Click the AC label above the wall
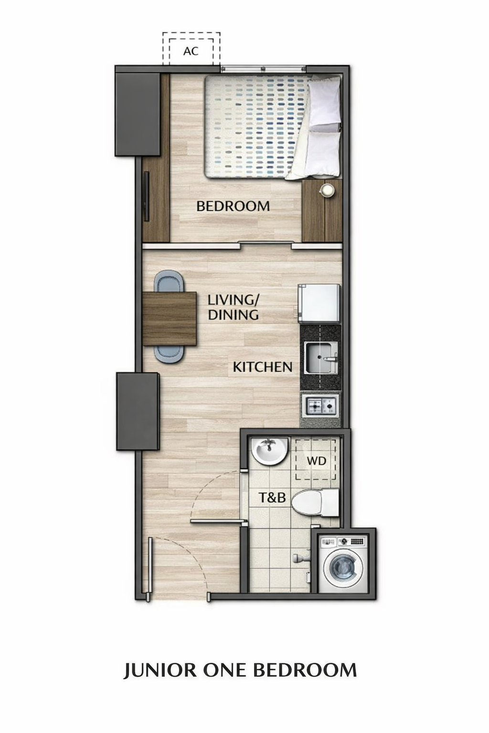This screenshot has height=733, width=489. coord(191,51)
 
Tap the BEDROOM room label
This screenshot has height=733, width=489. coord(233,206)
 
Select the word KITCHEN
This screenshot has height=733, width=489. coord(262,367)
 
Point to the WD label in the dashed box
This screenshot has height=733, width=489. coord(317,461)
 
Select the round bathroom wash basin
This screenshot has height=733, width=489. coord(269,451)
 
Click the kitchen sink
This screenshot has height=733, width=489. coord(320,358)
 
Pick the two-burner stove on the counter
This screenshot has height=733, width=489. coord(320,406)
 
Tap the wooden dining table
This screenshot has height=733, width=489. coord(170,319)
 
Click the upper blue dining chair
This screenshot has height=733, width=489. coord(169,281)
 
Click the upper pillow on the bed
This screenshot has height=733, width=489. coord(325,100)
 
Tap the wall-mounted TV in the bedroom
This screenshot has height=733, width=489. coord(146,196)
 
